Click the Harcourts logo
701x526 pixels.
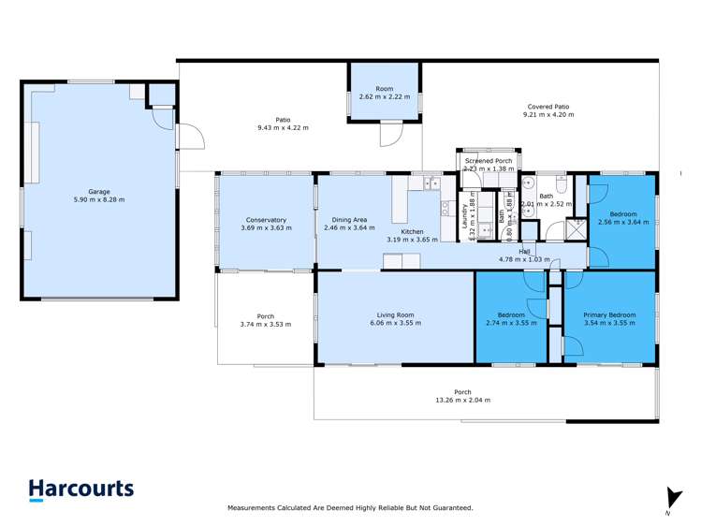point(80,489)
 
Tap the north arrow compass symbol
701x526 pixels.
point(668,498)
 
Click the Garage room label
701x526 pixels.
point(99,192)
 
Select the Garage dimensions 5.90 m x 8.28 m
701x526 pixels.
point(99,200)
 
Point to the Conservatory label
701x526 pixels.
point(263,220)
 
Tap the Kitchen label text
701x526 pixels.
point(412,232)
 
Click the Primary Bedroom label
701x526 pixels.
point(609,315)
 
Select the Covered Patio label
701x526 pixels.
point(548,107)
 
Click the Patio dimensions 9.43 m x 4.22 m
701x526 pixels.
point(283,127)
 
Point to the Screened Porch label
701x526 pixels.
point(489,161)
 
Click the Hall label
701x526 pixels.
point(526,251)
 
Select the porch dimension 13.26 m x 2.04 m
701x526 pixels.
point(462,401)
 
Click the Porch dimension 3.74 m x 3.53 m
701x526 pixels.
point(265,325)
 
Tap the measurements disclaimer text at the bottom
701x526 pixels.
point(350,508)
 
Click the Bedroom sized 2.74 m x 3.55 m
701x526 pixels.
point(510,319)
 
